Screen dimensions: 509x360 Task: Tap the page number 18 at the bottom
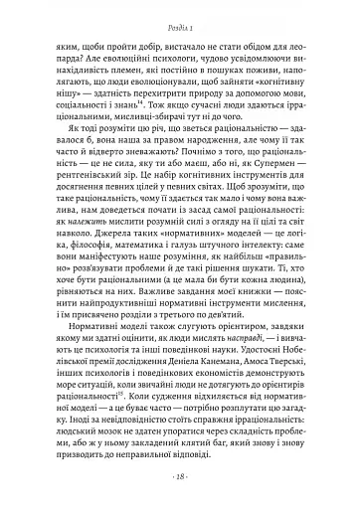coord(179,475)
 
